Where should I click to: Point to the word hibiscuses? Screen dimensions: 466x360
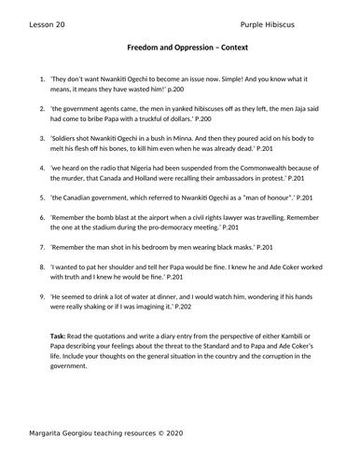[215, 108]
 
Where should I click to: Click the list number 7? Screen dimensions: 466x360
[41, 249]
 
